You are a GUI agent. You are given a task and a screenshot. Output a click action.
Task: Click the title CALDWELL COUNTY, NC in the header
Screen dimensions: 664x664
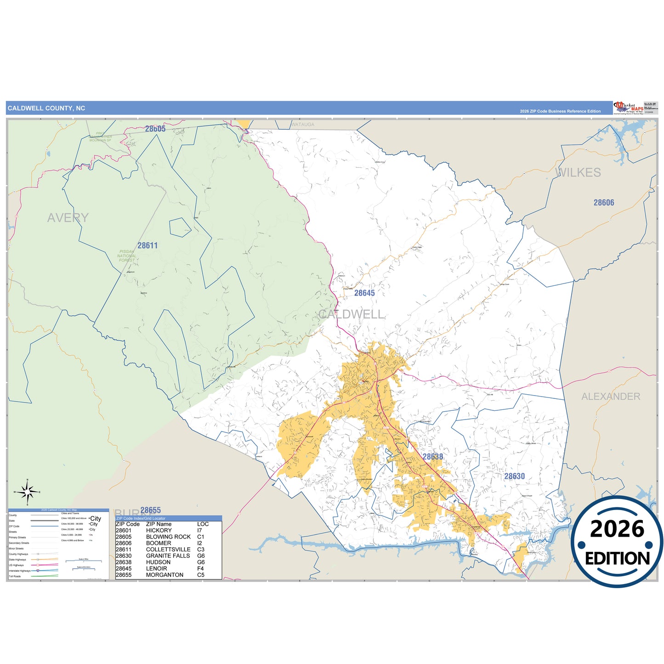46,108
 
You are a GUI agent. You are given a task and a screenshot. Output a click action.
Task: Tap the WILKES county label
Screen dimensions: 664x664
579,173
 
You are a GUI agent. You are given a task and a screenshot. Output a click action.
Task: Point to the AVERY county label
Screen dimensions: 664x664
68,218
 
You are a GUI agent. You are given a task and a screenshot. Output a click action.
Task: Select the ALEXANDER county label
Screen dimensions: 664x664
611,397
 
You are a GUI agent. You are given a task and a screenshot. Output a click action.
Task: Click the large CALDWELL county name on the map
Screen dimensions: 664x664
351,314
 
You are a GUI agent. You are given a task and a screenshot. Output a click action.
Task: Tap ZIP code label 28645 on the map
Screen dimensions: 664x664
364,293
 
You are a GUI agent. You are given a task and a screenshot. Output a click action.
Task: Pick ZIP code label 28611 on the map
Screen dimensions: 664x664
148,246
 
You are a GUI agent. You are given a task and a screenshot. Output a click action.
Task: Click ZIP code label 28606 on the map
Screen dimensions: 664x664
604,203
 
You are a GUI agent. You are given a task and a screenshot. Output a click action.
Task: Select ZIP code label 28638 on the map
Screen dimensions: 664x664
433,457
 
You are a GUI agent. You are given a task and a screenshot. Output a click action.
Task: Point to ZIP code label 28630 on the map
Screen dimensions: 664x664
514,477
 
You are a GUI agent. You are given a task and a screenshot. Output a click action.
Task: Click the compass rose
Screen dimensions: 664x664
28,492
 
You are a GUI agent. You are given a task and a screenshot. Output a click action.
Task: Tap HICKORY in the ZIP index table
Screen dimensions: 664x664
159,530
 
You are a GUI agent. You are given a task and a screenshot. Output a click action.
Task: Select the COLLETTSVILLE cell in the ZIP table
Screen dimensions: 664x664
168,550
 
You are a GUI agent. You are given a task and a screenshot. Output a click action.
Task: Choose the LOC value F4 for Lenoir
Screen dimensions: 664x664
200,568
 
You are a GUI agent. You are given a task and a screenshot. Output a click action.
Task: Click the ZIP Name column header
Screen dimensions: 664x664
159,524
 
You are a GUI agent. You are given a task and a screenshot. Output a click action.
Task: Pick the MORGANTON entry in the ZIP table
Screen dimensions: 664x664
165,575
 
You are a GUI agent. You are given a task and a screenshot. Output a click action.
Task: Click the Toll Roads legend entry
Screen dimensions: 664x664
15,576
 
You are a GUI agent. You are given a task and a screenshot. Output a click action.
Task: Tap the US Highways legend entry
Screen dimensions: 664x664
16,565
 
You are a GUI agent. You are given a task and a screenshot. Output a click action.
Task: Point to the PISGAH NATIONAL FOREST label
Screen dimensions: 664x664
127,256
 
